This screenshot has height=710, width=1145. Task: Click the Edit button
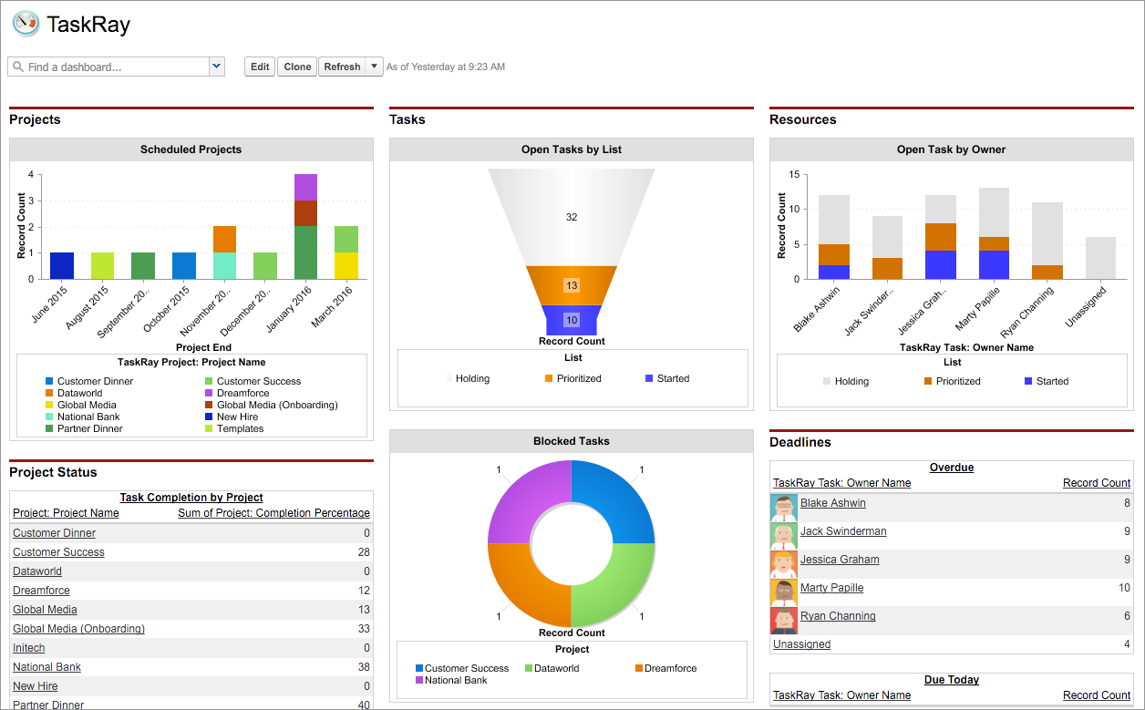pyautogui.click(x=260, y=67)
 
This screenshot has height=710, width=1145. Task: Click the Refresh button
pyautogui.click(x=342, y=67)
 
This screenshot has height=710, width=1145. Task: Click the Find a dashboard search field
pyautogui.click(x=108, y=67)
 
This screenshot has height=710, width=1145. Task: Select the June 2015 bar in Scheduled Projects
pyautogui.click(x=62, y=265)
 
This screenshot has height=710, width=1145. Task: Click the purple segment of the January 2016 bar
pyautogui.click(x=305, y=187)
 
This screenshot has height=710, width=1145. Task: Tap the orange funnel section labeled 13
pyautogui.click(x=572, y=285)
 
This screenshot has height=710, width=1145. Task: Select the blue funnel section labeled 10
pyautogui.click(x=572, y=320)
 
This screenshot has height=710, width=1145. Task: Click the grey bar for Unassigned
pyautogui.click(x=1101, y=258)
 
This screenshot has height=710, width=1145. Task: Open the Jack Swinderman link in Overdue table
pyautogui.click(x=842, y=531)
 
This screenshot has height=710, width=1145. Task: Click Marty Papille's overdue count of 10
pyautogui.click(x=1123, y=588)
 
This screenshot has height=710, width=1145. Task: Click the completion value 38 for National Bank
pyautogui.click(x=364, y=667)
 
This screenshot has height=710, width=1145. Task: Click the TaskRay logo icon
pyautogui.click(x=26, y=24)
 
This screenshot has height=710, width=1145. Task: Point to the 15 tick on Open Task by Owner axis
pyautogui.click(x=794, y=174)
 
